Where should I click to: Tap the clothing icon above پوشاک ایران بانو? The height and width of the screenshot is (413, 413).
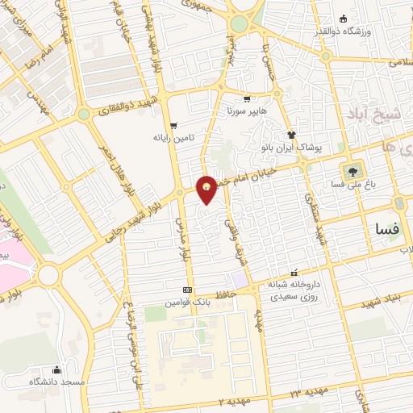click(x=292, y=135)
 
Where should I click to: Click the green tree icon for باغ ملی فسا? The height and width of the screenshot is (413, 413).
click(x=352, y=171)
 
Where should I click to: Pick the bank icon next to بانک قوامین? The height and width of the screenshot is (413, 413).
click(x=188, y=290)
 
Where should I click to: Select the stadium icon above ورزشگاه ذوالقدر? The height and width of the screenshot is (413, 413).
click(x=344, y=19)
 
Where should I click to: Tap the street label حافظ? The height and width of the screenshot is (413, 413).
click(x=228, y=295)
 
